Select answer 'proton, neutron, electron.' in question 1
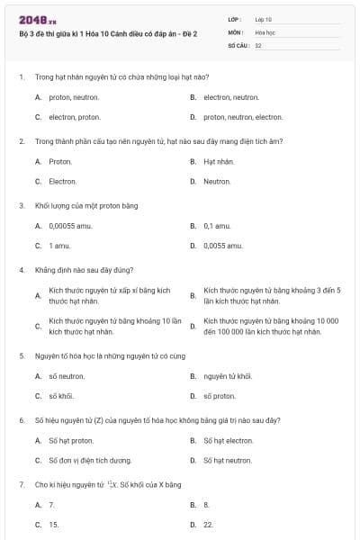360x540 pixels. [x=242, y=117]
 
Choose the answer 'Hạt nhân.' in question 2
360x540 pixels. [x=219, y=162]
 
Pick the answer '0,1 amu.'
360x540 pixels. [x=219, y=226]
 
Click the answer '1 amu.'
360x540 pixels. [x=60, y=245]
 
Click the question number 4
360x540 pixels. [x=21, y=269]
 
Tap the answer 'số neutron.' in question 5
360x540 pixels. [x=66, y=376]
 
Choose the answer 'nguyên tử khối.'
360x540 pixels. [x=228, y=376]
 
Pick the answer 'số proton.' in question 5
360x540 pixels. [x=220, y=395]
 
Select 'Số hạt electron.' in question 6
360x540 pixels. [x=229, y=440]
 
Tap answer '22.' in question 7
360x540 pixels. [x=208, y=524]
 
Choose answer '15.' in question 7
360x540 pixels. [x=54, y=524]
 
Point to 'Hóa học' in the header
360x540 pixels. [x=265, y=31]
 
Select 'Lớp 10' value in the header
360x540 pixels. [x=264, y=19]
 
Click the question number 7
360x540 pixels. [x=21, y=484]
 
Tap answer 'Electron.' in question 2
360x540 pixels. [x=63, y=181]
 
